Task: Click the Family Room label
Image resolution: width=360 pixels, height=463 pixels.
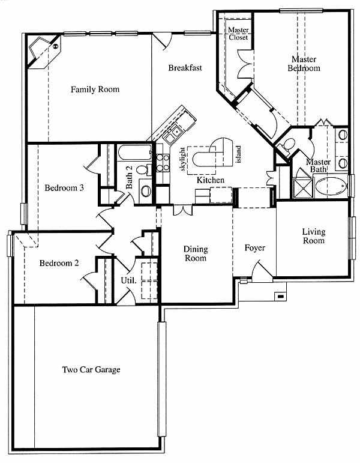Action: pos(95,89)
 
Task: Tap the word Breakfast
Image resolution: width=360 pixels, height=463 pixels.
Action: pos(185,68)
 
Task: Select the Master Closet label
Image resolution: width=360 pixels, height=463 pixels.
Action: pos(238,34)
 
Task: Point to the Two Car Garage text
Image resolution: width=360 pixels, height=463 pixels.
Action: pos(91,370)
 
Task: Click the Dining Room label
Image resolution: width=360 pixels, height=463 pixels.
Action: pos(196,253)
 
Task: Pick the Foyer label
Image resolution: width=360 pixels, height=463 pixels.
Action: pos(254,248)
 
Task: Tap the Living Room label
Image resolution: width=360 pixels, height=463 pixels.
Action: pos(314,236)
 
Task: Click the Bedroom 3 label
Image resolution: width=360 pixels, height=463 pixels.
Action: pos(64,187)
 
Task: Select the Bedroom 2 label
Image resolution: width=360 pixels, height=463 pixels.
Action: pos(59,263)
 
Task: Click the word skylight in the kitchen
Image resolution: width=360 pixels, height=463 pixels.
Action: pos(182,159)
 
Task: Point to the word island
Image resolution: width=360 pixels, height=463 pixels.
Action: pos(239,154)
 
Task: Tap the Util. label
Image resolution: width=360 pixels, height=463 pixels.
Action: pos(128,280)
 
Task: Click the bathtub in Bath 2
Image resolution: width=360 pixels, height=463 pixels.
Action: pos(134,153)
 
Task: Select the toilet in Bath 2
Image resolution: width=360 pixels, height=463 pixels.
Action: pos(144,170)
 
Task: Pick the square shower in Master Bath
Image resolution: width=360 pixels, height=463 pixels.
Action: pos(302,188)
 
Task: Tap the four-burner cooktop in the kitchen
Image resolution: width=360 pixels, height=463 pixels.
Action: pos(163,163)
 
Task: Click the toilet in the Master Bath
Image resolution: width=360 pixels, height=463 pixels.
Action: pos(287,145)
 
